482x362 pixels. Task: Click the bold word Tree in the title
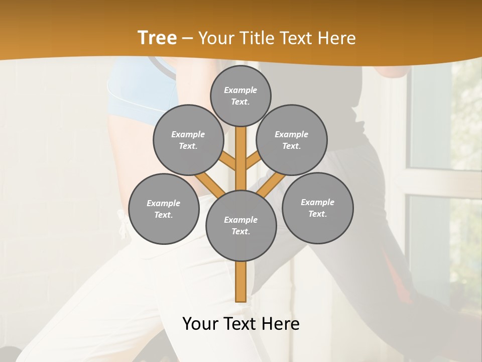click(157, 38)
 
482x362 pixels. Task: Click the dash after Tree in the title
click(187, 39)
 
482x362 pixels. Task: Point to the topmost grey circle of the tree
click(240, 96)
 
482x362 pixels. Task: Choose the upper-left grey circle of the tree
click(188, 140)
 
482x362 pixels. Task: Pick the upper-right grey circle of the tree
click(292, 140)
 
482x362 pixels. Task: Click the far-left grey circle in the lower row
click(164, 209)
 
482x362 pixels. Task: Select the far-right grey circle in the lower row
click(318, 208)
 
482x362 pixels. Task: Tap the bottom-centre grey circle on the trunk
click(241, 226)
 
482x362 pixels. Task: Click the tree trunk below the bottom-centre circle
click(241, 282)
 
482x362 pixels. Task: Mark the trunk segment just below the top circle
click(241, 141)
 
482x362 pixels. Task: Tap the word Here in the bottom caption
click(282, 324)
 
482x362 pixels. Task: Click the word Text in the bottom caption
click(242, 324)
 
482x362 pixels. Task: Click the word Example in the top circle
click(240, 90)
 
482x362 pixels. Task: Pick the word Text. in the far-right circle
click(317, 214)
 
